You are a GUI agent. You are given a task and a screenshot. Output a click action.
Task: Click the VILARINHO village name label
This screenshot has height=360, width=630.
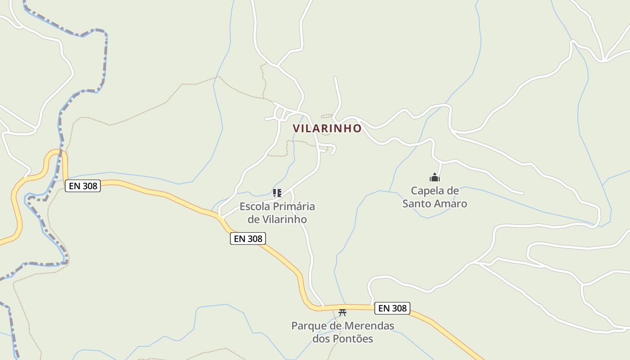327,128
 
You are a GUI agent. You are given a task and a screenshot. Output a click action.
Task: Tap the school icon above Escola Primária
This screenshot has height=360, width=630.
277,193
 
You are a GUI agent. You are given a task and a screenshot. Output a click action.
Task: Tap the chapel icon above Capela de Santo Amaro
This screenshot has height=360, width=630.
434,177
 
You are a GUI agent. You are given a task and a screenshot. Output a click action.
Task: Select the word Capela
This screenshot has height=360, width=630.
427,191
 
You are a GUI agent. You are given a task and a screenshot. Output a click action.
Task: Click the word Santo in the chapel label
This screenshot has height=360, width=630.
417,203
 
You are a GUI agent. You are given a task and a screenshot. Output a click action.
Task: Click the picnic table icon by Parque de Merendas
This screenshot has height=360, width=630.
342,312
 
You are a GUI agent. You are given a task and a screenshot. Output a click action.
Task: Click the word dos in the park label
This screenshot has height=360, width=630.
322,338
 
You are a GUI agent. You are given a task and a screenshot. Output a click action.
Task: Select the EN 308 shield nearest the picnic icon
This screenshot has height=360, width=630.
392,308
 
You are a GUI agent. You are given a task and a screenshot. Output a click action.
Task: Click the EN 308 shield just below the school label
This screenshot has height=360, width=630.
248,238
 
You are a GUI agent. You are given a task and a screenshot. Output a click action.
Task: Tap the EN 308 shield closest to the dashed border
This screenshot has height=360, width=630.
83,185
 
